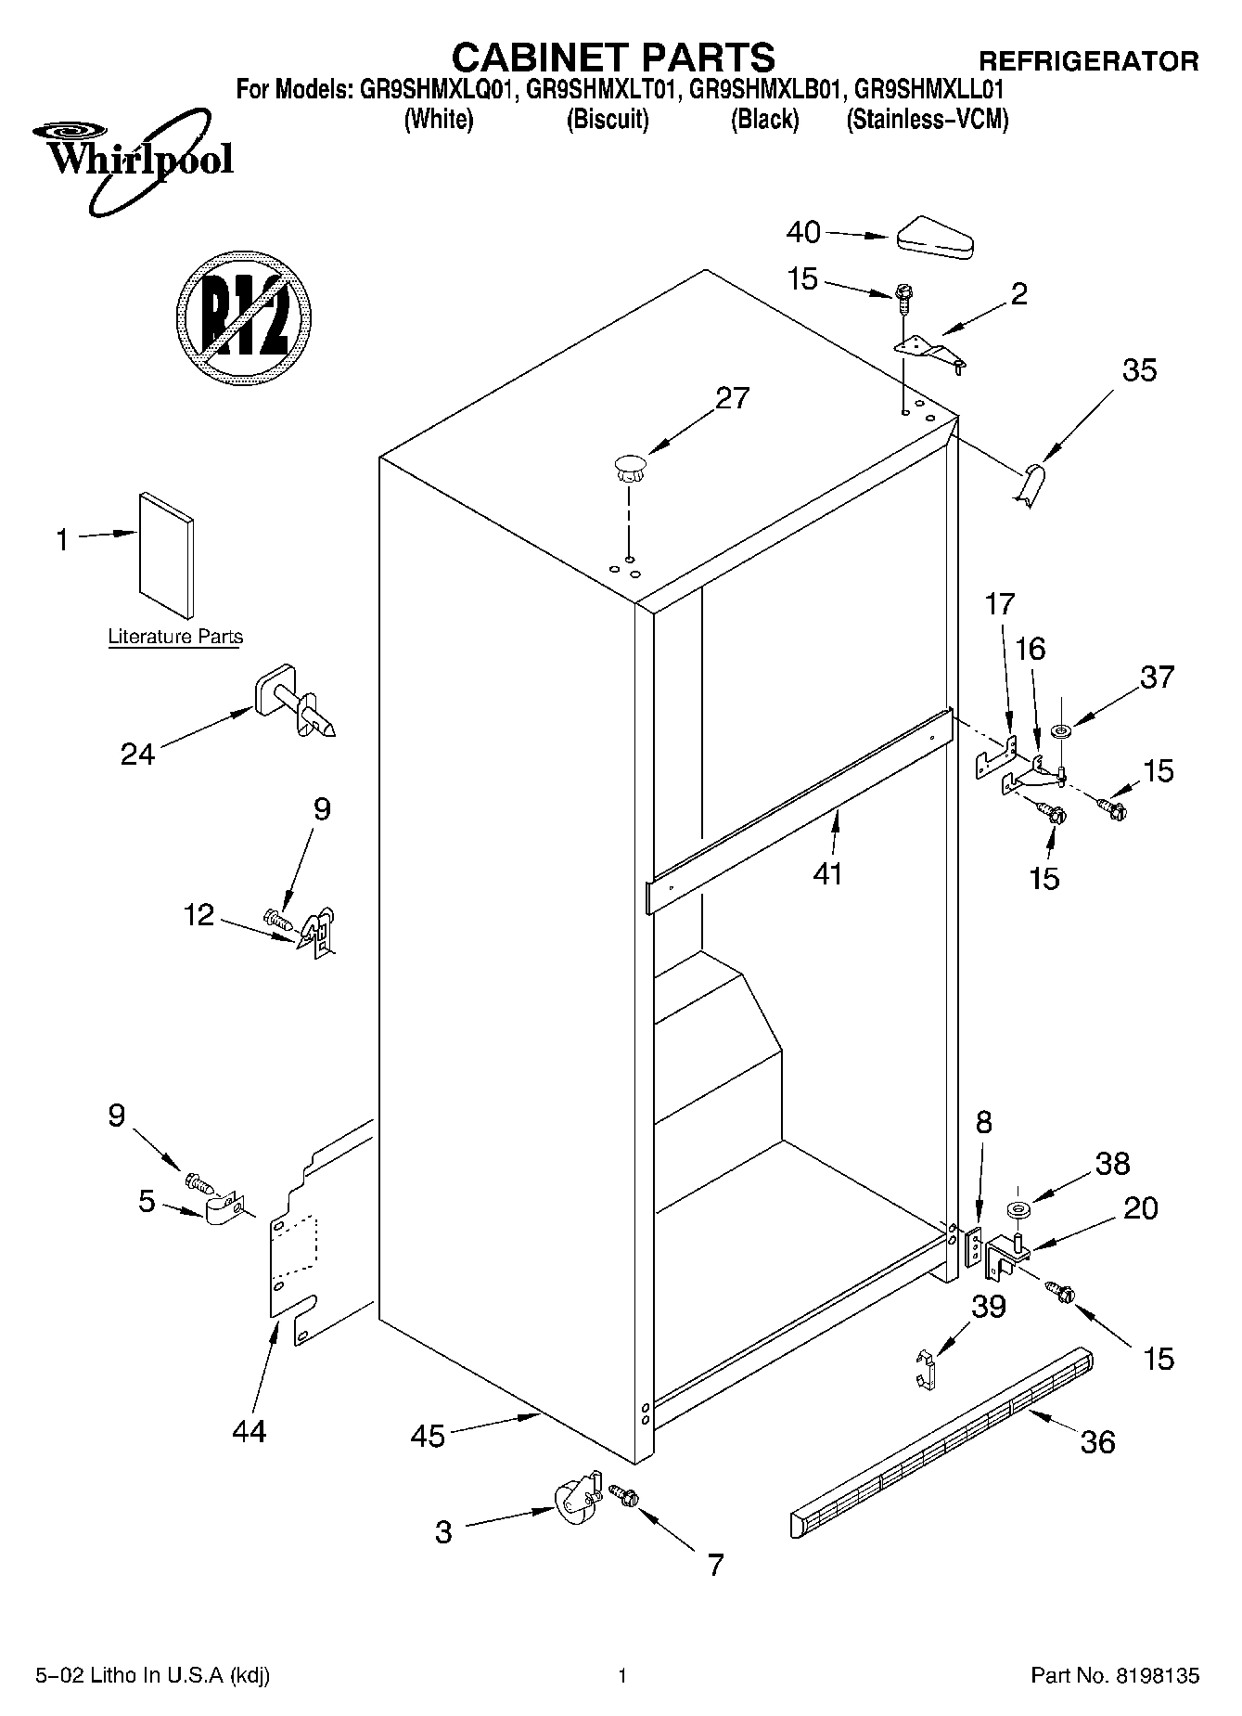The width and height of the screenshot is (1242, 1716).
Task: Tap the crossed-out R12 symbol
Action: [x=242, y=317]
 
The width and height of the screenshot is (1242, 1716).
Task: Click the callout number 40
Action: [x=803, y=231]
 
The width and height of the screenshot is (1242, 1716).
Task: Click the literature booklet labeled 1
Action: [x=167, y=553]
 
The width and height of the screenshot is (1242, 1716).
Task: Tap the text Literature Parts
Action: [x=175, y=637]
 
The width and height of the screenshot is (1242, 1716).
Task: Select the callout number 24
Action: [x=137, y=754]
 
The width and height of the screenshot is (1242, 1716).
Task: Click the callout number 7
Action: [x=714, y=1565]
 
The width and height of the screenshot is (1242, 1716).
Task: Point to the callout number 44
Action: [x=250, y=1430]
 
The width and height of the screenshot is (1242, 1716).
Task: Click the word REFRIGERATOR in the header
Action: [x=1089, y=61]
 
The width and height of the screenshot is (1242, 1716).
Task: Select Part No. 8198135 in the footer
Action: [x=1115, y=1675]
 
